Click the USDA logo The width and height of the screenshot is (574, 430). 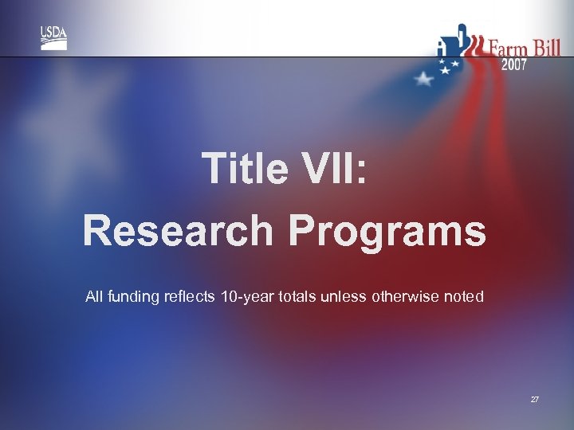pyautogui.click(x=53, y=37)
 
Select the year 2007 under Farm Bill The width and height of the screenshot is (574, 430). pyautogui.click(x=513, y=65)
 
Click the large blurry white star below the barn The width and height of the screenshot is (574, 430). pyautogui.click(x=424, y=79)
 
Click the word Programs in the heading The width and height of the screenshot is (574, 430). pyautogui.click(x=387, y=232)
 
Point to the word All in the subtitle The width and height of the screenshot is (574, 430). pyautogui.click(x=94, y=297)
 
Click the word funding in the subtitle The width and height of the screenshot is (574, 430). pyautogui.click(x=133, y=297)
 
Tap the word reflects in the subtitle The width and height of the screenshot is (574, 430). pyautogui.click(x=189, y=297)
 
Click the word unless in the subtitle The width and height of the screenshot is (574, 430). pyautogui.click(x=342, y=297)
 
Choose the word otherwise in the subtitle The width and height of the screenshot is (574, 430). pyautogui.click(x=402, y=297)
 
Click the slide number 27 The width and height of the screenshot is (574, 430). pyautogui.click(x=535, y=399)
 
